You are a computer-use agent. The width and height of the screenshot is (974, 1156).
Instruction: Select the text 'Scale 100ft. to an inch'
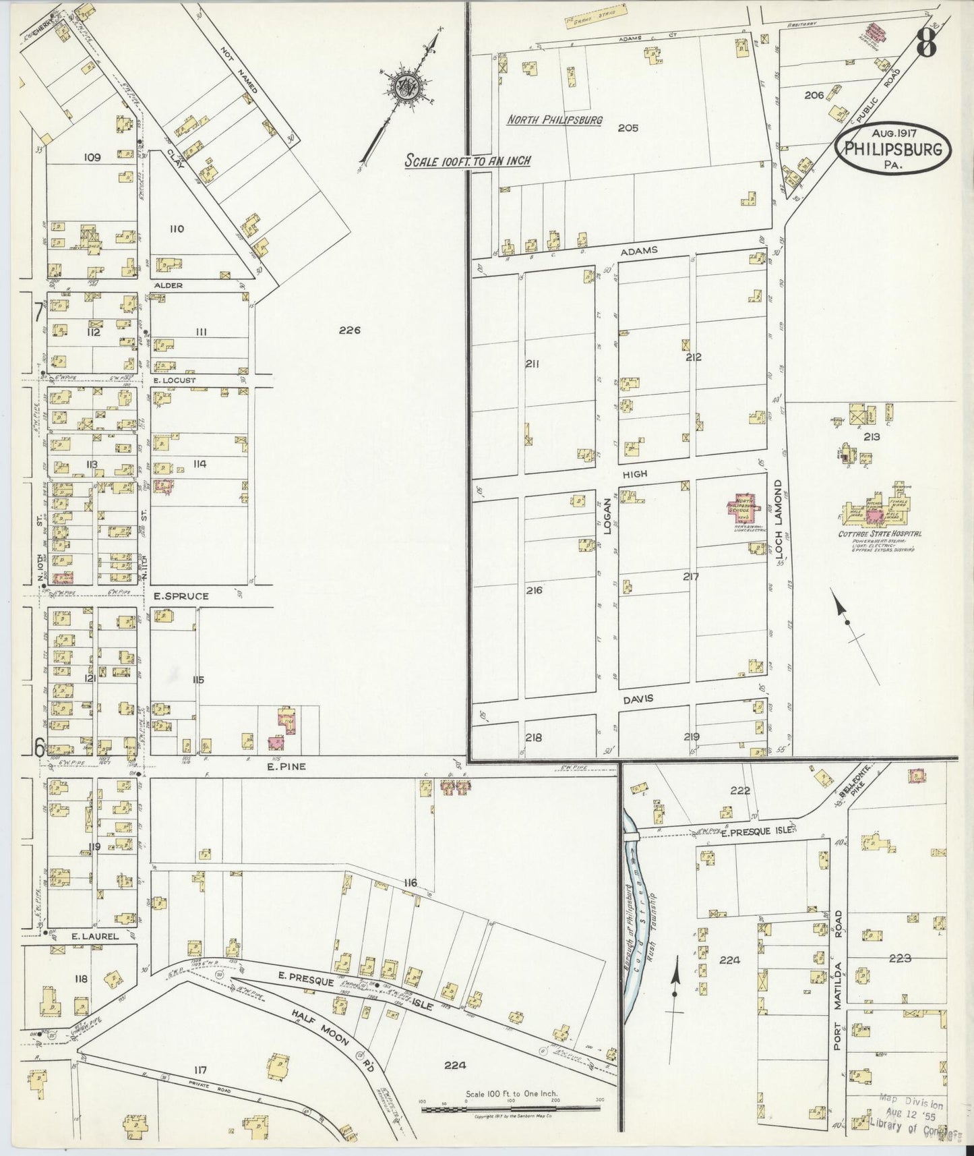[x=467, y=161]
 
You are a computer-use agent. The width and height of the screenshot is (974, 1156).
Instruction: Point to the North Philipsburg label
[x=554, y=120]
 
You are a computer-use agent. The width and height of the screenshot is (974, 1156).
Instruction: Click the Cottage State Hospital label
[x=880, y=533]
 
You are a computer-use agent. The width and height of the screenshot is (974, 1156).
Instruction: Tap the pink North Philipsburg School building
[x=739, y=509]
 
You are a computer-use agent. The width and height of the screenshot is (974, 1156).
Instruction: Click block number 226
[x=351, y=330]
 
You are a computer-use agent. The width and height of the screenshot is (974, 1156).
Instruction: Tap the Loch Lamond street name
[x=778, y=519]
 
